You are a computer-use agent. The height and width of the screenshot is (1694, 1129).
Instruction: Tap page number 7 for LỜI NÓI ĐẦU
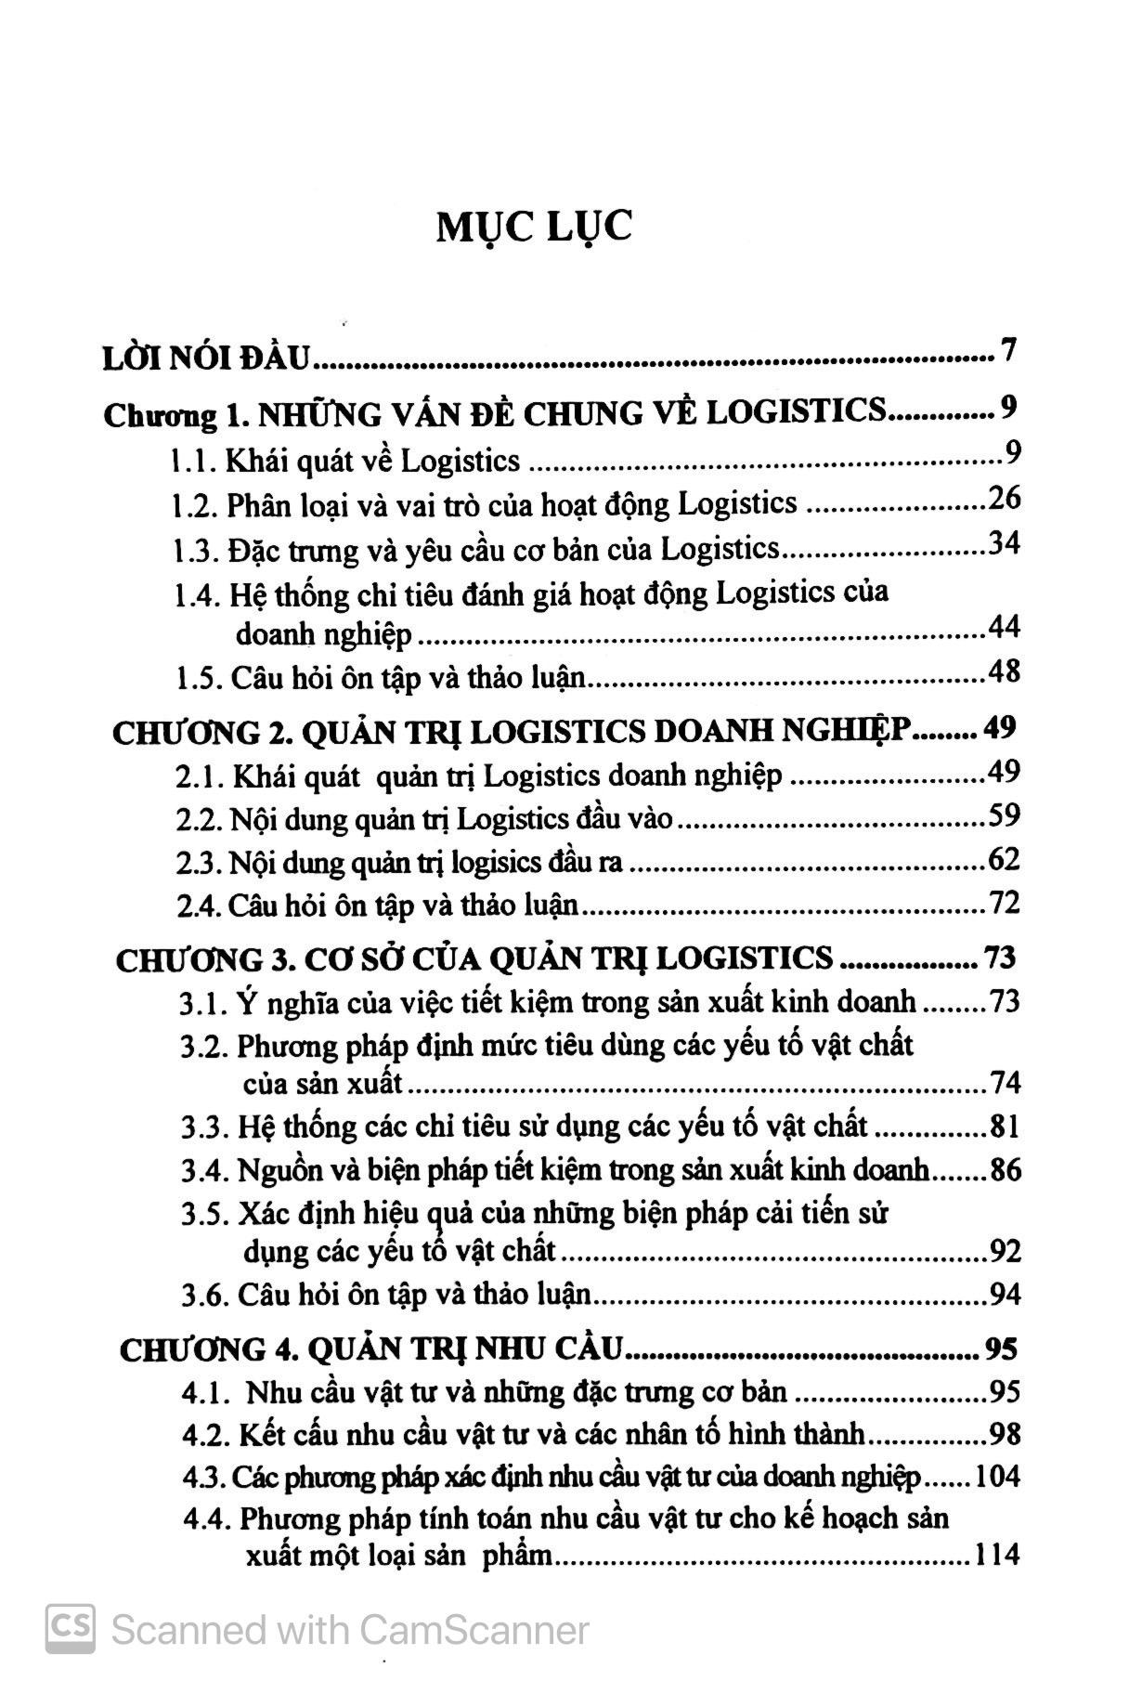(1009, 352)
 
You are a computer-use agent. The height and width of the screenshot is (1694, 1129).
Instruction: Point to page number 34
(1004, 543)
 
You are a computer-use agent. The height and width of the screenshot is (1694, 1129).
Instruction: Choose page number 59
(1004, 816)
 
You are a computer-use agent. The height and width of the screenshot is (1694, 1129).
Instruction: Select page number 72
(1004, 903)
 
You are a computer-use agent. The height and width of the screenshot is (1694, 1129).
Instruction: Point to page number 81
(1005, 1127)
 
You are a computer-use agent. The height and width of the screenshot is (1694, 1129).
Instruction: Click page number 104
(997, 1477)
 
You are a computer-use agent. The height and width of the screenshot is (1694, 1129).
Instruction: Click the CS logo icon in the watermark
(71, 1628)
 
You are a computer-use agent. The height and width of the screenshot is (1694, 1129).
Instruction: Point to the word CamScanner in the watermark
(474, 1630)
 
